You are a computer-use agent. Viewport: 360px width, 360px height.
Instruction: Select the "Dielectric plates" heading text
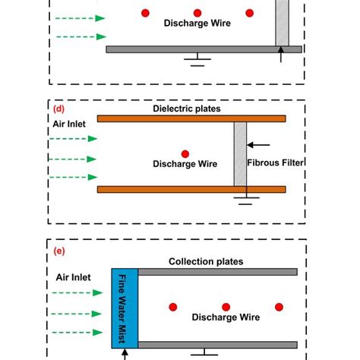[x=186, y=109]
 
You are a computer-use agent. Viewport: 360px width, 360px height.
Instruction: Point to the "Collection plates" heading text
[x=206, y=261]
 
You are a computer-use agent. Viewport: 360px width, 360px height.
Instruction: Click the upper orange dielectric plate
[x=191, y=118]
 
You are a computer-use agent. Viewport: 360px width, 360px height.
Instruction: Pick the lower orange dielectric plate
[x=191, y=189]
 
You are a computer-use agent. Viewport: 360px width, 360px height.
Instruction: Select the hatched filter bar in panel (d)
[x=240, y=153]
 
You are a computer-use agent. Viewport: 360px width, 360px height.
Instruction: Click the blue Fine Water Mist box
[x=124, y=308]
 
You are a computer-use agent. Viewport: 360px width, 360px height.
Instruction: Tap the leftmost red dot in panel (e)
[x=174, y=306]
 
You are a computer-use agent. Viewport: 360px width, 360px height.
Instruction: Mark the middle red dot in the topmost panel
[x=197, y=13]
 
